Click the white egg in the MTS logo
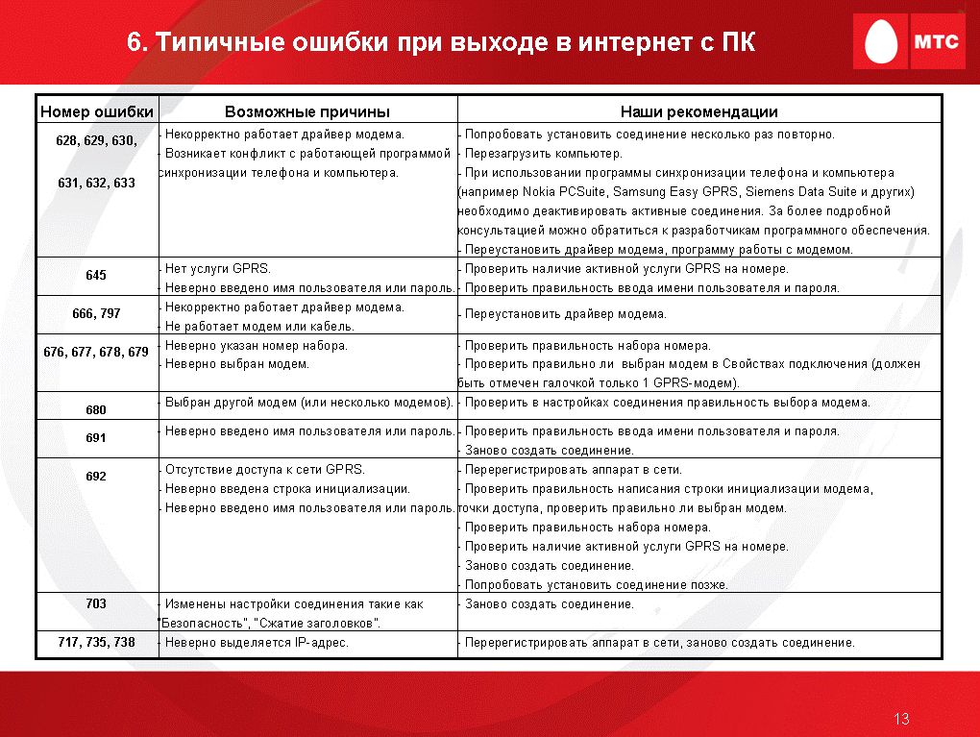click(881, 40)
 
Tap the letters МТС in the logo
click(936, 41)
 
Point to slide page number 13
click(901, 719)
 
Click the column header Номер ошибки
click(97, 111)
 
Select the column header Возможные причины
click(306, 111)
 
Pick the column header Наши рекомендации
click(698, 111)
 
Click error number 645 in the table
click(96, 275)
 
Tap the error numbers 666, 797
click(96, 313)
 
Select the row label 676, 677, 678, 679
click(96, 352)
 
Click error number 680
click(96, 410)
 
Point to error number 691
click(96, 437)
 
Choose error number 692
click(96, 477)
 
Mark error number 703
click(96, 603)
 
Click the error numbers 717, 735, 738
click(96, 642)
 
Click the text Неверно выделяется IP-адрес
click(257, 643)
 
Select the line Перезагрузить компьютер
click(544, 154)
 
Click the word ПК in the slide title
click(739, 42)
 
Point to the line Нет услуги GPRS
click(217, 269)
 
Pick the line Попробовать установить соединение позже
click(597, 585)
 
